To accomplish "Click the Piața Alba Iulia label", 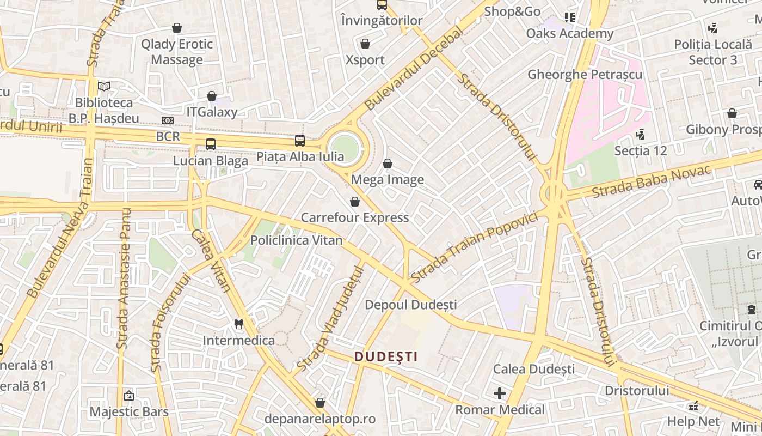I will coord(300,157).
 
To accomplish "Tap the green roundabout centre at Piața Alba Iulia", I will coord(345,148).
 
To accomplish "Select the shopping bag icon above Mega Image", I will coord(388,163).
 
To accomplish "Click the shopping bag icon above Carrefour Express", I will coord(355,202).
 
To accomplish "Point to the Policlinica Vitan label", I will coord(297,240).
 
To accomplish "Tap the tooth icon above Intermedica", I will coord(238,324).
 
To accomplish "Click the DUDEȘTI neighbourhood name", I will coord(386,357).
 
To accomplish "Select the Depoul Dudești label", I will coord(411,305).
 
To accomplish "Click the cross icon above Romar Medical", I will coord(500,393).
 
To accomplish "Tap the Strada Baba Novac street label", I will coord(652,181).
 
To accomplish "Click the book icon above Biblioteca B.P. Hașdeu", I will coord(104,86).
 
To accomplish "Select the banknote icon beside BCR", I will coord(168,120).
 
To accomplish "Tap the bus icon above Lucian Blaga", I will coord(211,144).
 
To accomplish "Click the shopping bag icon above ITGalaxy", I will coord(212,96).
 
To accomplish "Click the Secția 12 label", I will coord(641,150).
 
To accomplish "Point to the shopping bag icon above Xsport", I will coord(365,44).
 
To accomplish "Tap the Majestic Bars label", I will coord(130,411).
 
